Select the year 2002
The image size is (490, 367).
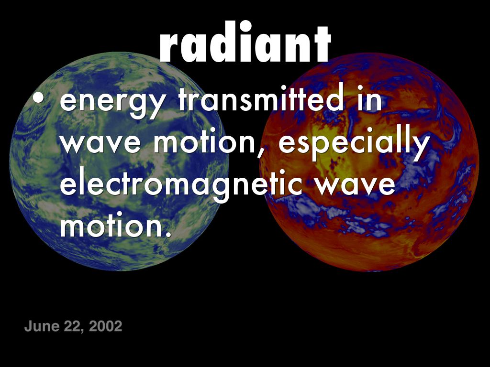click(x=105, y=327)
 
